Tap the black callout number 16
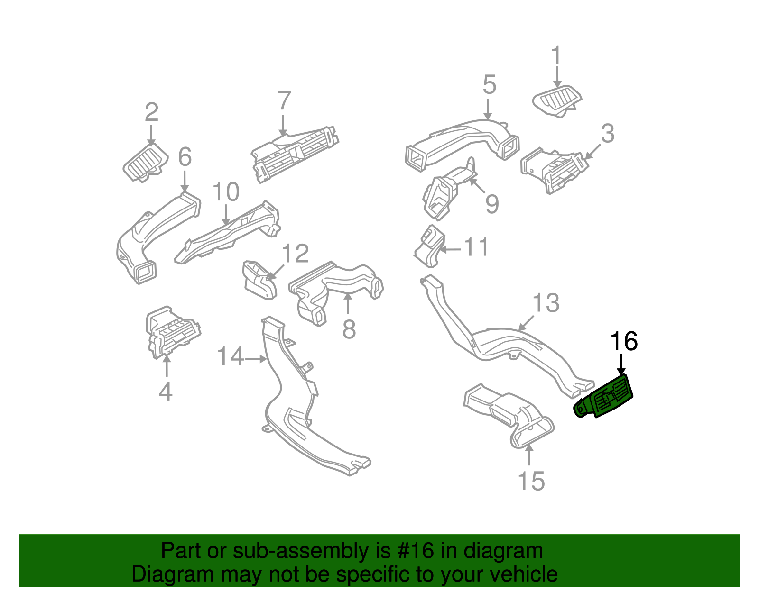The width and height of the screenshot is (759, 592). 623,341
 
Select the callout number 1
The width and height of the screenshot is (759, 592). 556,56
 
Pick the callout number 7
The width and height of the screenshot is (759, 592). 284,101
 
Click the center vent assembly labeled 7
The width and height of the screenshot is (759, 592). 295,152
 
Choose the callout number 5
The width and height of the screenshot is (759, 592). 489,85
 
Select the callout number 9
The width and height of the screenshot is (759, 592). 492,204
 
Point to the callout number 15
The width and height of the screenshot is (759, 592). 531,481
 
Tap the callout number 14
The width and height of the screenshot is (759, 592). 231,356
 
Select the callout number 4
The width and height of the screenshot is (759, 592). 165,391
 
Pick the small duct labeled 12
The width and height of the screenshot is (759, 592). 259,279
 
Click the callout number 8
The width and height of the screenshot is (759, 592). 349,329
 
